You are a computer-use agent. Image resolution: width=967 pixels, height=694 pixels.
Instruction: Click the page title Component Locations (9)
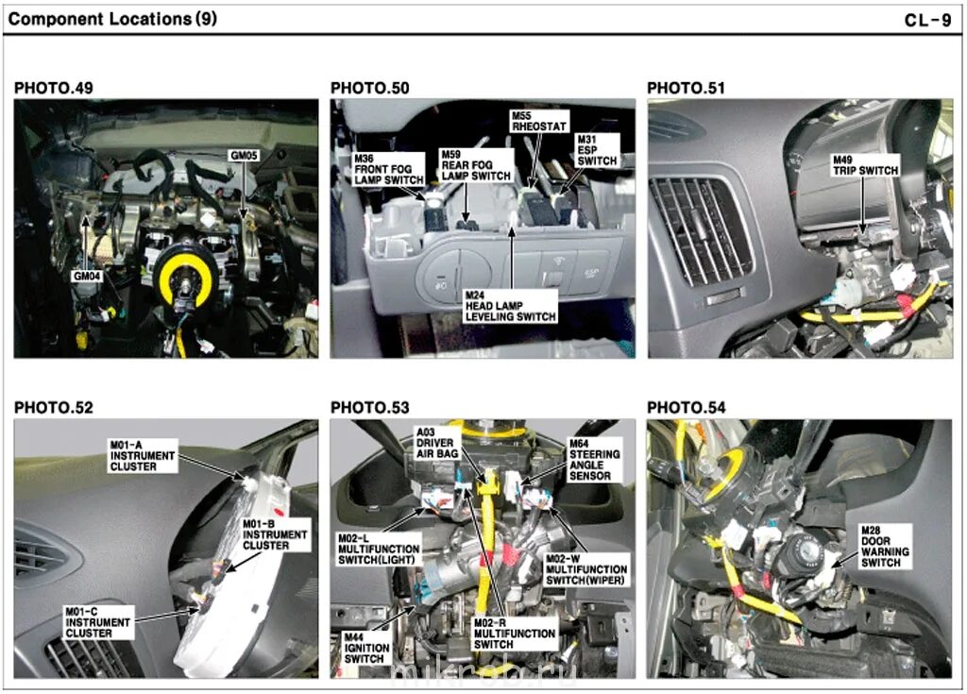(111, 19)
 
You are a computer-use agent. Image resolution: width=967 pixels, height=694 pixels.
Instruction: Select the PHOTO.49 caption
(54, 89)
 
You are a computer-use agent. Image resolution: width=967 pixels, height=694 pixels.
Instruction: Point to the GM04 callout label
(86, 277)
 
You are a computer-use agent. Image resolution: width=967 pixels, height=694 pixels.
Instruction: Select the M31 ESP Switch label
(597, 150)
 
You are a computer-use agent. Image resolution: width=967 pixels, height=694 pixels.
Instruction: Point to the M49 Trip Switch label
(864, 164)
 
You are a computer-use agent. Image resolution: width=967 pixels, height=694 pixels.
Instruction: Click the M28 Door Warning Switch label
(880, 546)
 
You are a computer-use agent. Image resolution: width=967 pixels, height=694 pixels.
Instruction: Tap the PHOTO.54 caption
(687, 408)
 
